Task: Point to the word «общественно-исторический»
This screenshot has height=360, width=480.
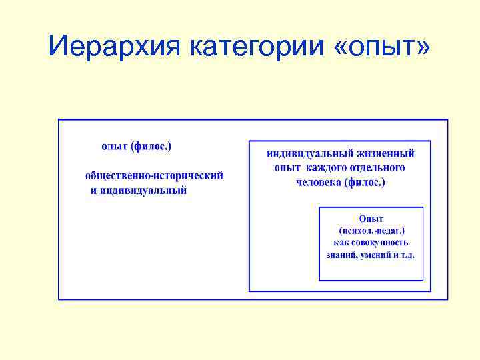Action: pyautogui.click(x=154, y=175)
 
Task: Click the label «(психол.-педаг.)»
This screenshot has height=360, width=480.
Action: pyautogui.click(x=371, y=231)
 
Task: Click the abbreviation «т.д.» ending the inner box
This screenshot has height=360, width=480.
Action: pyautogui.click(x=407, y=255)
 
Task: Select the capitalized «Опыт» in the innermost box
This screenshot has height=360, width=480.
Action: pyautogui.click(x=371, y=218)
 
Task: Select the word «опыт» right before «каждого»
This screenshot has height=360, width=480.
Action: pyautogui.click(x=288, y=168)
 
